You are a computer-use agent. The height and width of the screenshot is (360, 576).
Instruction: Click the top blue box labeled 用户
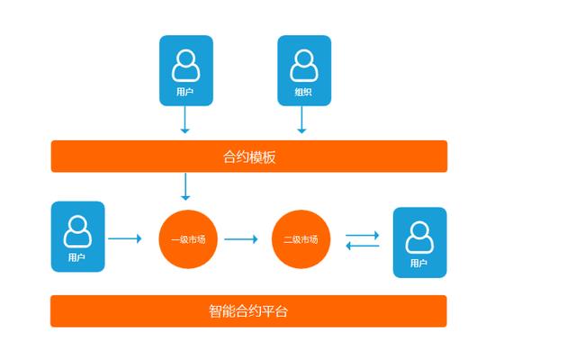coord(185,71)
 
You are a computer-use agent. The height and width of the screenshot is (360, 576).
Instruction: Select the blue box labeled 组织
coord(303,71)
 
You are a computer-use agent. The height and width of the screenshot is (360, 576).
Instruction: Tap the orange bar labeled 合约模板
coord(249,157)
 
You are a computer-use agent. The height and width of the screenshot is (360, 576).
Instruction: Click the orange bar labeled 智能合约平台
coord(248,311)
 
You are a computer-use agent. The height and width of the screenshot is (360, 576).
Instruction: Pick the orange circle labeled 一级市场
coord(189,239)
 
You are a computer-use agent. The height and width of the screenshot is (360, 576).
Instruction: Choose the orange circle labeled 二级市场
coord(301,239)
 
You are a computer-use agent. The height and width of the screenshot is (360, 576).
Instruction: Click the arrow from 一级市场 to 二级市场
coord(240,239)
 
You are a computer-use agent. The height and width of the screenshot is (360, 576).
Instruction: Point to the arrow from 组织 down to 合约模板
coord(301,121)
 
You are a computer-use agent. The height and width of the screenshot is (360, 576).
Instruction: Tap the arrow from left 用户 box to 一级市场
coord(125,238)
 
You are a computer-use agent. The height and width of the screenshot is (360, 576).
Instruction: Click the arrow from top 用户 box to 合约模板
coord(184,121)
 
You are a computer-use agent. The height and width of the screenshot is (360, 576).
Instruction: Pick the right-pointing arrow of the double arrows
coord(363,235)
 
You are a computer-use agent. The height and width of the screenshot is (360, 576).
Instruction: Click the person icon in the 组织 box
coord(303,65)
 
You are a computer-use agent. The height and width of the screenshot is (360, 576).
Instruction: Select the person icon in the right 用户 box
coord(418,237)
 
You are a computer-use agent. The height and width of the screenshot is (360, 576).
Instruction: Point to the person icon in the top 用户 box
coord(185,65)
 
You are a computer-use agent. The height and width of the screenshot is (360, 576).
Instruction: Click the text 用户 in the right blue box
coord(418,264)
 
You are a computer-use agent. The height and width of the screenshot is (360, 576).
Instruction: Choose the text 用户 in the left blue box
coord(77,257)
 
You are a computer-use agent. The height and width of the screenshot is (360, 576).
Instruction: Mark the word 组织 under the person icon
coord(303,92)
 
